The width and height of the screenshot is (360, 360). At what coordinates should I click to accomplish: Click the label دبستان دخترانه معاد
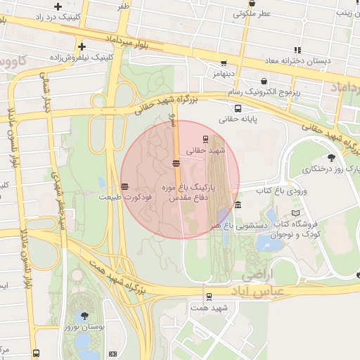click(298, 61)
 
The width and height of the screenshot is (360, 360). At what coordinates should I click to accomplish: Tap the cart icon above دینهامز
click(224, 63)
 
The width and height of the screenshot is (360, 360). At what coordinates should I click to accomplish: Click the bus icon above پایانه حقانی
click(238, 109)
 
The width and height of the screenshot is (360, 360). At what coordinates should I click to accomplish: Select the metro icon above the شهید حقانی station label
click(205, 139)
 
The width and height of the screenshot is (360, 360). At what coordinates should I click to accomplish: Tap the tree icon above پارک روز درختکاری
click(331, 158)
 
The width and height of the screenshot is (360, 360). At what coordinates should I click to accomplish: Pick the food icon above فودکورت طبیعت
click(124, 186)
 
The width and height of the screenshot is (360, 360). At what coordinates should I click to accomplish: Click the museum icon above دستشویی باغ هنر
click(238, 205)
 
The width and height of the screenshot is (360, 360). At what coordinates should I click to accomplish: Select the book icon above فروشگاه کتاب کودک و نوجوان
click(295, 213)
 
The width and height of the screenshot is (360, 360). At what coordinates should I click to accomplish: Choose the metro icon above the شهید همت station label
click(209, 297)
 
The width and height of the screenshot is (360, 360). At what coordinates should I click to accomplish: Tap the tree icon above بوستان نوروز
click(85, 316)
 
